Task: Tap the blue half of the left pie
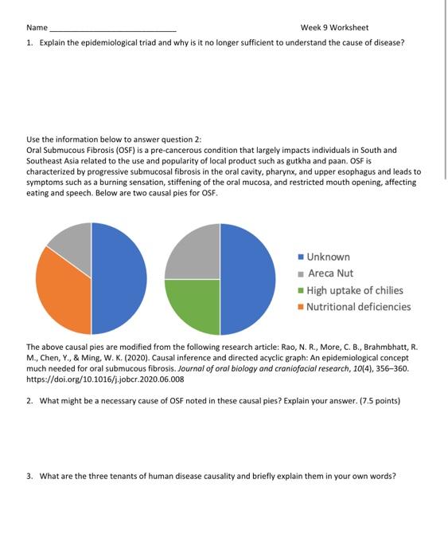click(119, 278)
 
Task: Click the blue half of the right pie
click(248, 278)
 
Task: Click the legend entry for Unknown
click(328, 257)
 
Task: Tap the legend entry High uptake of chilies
click(354, 290)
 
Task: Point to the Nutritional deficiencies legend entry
click(358, 307)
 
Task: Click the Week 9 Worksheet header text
click(334, 27)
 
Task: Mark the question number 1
click(29, 42)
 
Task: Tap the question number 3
click(29, 476)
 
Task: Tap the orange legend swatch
click(301, 307)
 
